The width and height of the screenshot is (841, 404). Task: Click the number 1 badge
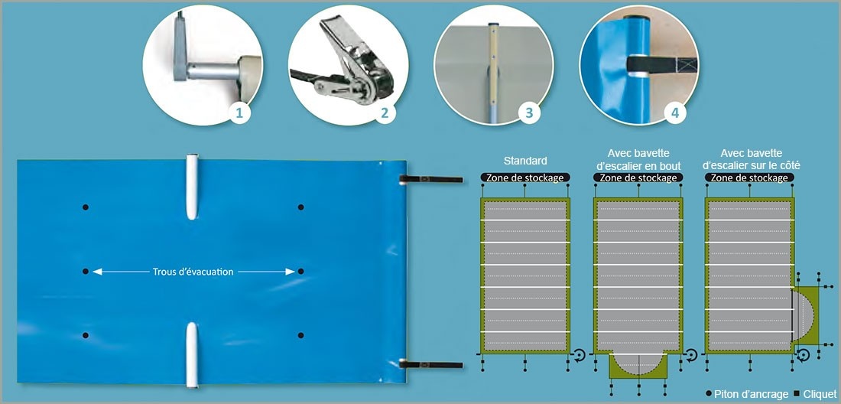[x=239, y=114]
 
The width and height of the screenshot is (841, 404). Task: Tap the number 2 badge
[x=384, y=114]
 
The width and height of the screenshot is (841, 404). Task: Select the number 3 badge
[x=528, y=114]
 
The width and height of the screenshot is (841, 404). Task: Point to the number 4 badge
[x=674, y=114]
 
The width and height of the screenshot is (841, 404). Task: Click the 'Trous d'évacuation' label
[x=193, y=272]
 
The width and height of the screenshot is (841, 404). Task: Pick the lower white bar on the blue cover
[x=192, y=354]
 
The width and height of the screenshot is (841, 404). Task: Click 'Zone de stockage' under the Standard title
[x=523, y=178]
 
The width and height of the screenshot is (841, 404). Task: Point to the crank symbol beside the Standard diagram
[x=579, y=355]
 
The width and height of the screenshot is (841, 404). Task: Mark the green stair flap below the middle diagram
[x=638, y=367]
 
